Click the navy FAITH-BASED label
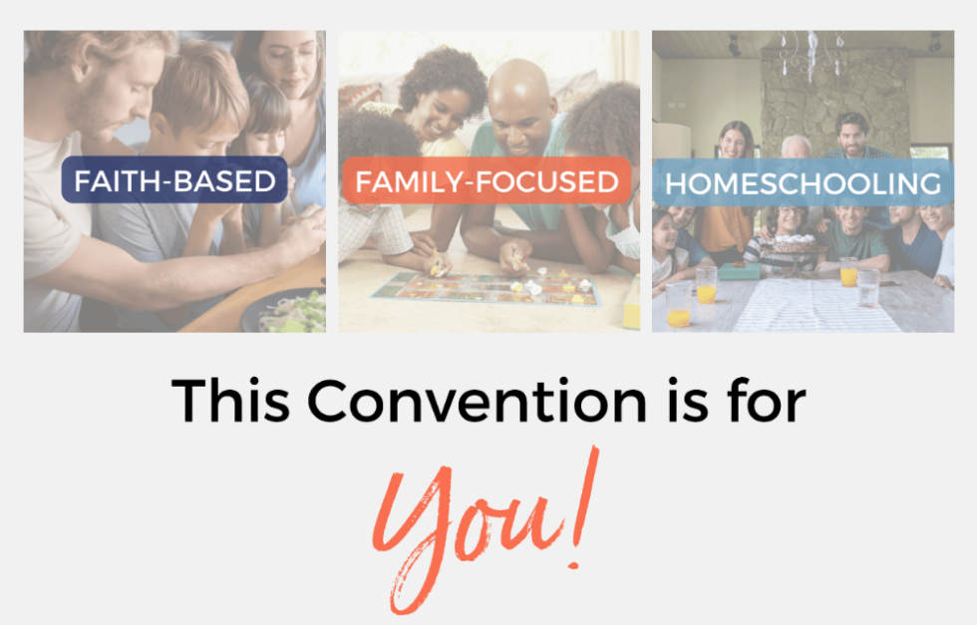(174, 181)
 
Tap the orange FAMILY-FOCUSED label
(487, 181)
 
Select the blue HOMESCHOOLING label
(803, 183)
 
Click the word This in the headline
(231, 401)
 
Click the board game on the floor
(487, 288)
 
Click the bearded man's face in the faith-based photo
(100, 95)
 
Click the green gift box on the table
(739, 271)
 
